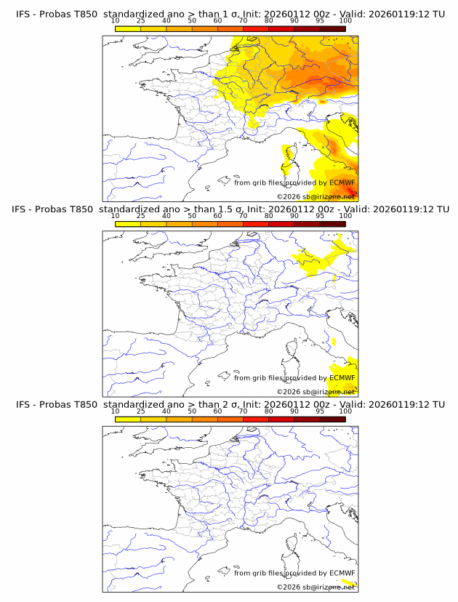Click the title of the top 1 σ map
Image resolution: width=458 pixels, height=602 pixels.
pos(230,14)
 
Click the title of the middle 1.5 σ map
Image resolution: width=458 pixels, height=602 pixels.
pos(230,209)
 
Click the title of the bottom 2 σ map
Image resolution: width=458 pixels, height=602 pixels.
pos(230,404)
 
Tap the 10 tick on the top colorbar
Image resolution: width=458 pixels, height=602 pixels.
pos(115,21)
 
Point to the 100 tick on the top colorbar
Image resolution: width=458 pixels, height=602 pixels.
pos(345,21)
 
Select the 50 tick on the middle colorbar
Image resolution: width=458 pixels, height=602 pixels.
pos(192,216)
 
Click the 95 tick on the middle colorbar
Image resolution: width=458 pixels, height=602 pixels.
pos(320,216)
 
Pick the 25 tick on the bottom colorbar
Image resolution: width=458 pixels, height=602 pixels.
pos(140,412)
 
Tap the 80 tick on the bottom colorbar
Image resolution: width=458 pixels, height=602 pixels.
pos(269,412)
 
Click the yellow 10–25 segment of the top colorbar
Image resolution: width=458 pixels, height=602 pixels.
pos(128,28)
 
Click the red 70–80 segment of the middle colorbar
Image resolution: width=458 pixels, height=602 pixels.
pos(256,224)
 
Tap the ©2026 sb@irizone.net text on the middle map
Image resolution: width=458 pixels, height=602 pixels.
pos(316,392)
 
